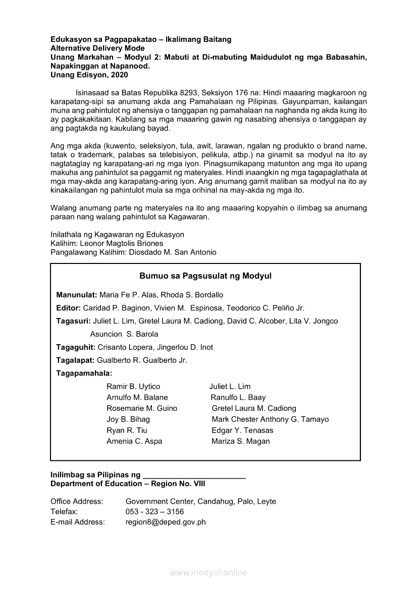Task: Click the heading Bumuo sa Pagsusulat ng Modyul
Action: coord(205,276)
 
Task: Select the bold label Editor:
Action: coord(69,308)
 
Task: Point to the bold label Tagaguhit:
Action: coord(76,347)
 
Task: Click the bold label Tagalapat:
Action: coord(75,360)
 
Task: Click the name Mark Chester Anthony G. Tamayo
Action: coord(270,419)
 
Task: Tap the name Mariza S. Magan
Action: coord(241,441)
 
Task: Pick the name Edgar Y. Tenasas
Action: coord(242,431)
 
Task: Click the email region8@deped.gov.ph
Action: coord(166,522)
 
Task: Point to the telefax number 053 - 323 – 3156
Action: coord(154,512)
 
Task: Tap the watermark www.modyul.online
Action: coord(209,572)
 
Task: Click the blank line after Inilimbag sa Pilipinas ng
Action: coord(194,475)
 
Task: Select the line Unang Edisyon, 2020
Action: coord(89,75)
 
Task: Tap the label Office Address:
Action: coord(77,501)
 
